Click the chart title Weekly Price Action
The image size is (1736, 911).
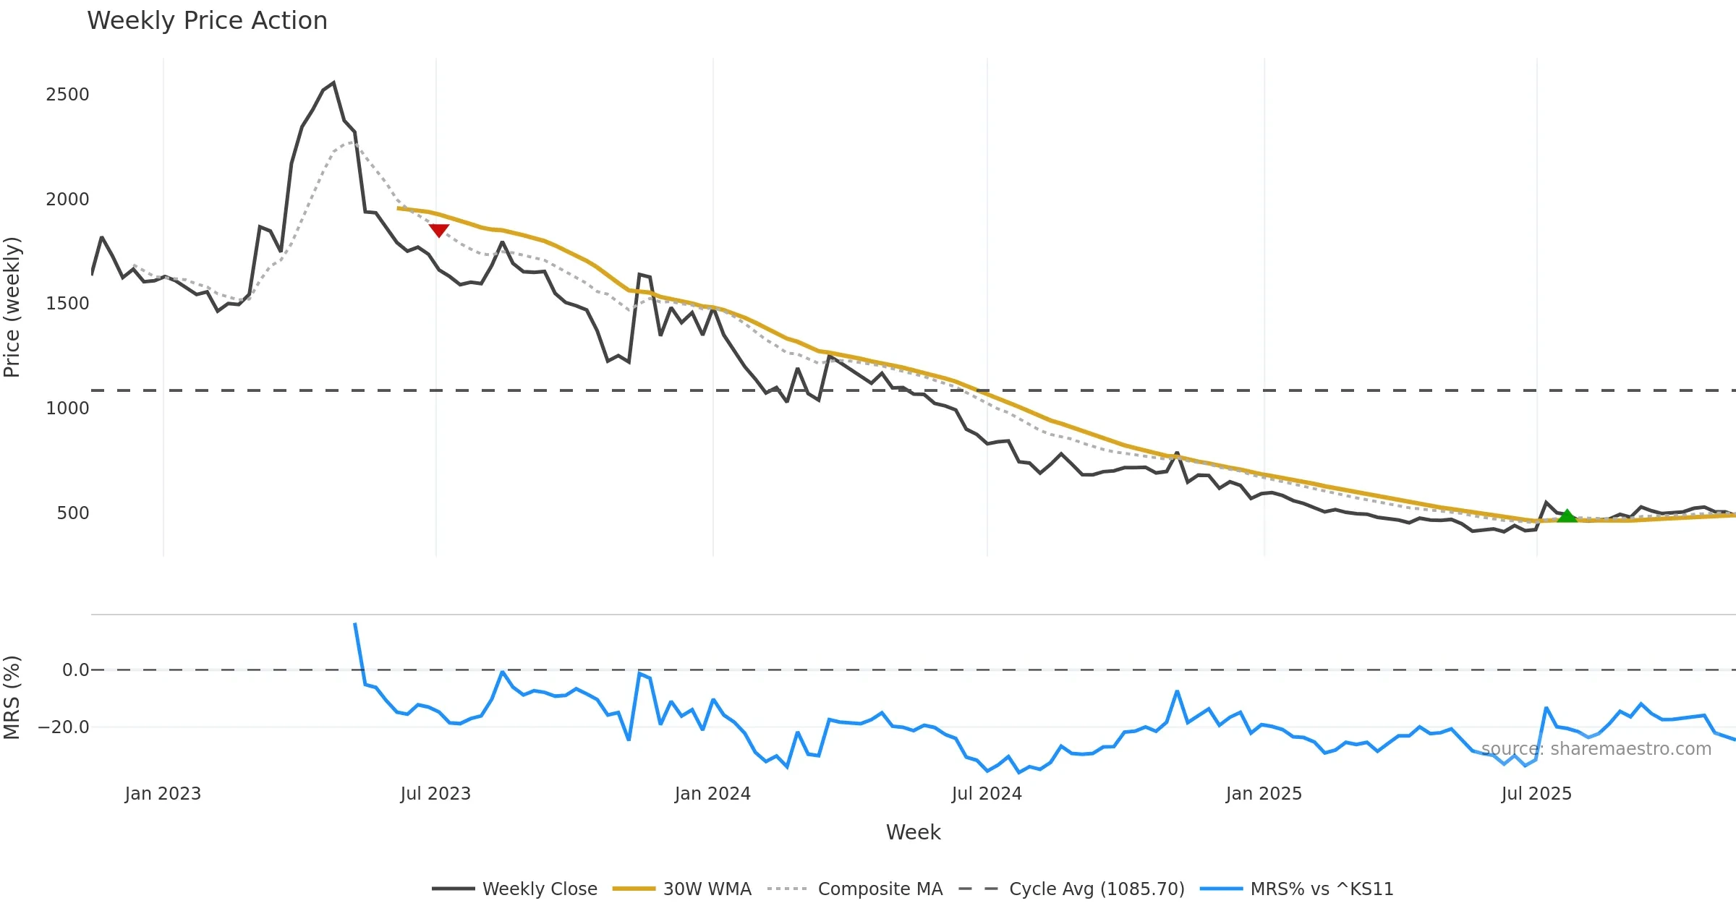(x=207, y=21)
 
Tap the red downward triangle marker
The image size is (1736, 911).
(x=439, y=230)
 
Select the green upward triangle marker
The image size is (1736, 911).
(x=1567, y=516)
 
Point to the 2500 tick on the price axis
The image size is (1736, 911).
(x=67, y=95)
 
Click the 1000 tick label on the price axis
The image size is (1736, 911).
(x=67, y=409)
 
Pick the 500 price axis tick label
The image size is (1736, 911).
(x=73, y=513)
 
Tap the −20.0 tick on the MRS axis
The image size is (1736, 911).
(x=64, y=727)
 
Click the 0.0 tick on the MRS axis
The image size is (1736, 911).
(x=75, y=670)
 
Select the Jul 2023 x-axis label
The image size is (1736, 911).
(x=435, y=794)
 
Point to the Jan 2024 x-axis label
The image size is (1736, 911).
(x=712, y=794)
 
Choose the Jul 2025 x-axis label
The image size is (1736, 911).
(x=1536, y=794)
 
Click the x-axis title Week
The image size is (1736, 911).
(x=913, y=833)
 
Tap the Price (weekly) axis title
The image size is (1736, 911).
(x=12, y=307)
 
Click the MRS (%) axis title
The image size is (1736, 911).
(x=12, y=698)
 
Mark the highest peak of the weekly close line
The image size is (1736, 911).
(x=333, y=83)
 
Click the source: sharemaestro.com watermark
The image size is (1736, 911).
(x=1596, y=749)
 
